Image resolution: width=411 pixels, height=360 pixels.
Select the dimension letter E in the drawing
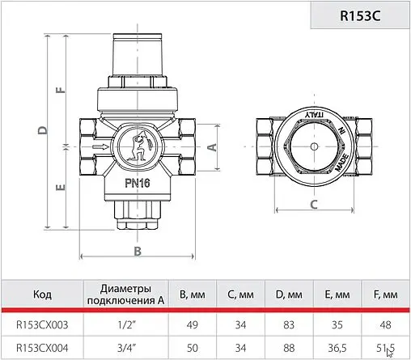(60, 188)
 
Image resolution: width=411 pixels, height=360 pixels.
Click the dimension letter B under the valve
(138, 251)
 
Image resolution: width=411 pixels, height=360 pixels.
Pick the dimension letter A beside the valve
(210, 147)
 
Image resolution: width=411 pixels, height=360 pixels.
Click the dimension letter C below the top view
(312, 204)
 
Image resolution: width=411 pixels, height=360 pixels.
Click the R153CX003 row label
(42, 325)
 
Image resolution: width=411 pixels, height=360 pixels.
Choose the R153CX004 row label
(42, 349)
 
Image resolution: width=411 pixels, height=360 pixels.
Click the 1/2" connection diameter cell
(125, 325)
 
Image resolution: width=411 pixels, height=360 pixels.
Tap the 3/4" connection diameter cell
(125, 349)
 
